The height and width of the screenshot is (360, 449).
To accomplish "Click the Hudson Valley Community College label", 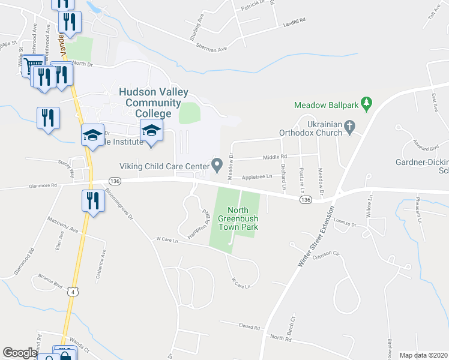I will (x=153, y=103).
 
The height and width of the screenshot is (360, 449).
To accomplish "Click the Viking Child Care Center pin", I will (x=217, y=163).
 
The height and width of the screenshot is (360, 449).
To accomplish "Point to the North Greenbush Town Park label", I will (x=237, y=218).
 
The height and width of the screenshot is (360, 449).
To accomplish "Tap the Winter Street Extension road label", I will (x=316, y=238).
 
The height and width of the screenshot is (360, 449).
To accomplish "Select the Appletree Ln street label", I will (x=257, y=176).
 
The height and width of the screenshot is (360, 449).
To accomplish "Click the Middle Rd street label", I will (x=275, y=157).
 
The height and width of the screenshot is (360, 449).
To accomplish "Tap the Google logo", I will (x=19, y=353).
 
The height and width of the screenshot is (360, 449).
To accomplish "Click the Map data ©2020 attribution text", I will (x=423, y=355).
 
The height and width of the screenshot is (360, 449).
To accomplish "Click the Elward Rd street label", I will (x=249, y=328).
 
